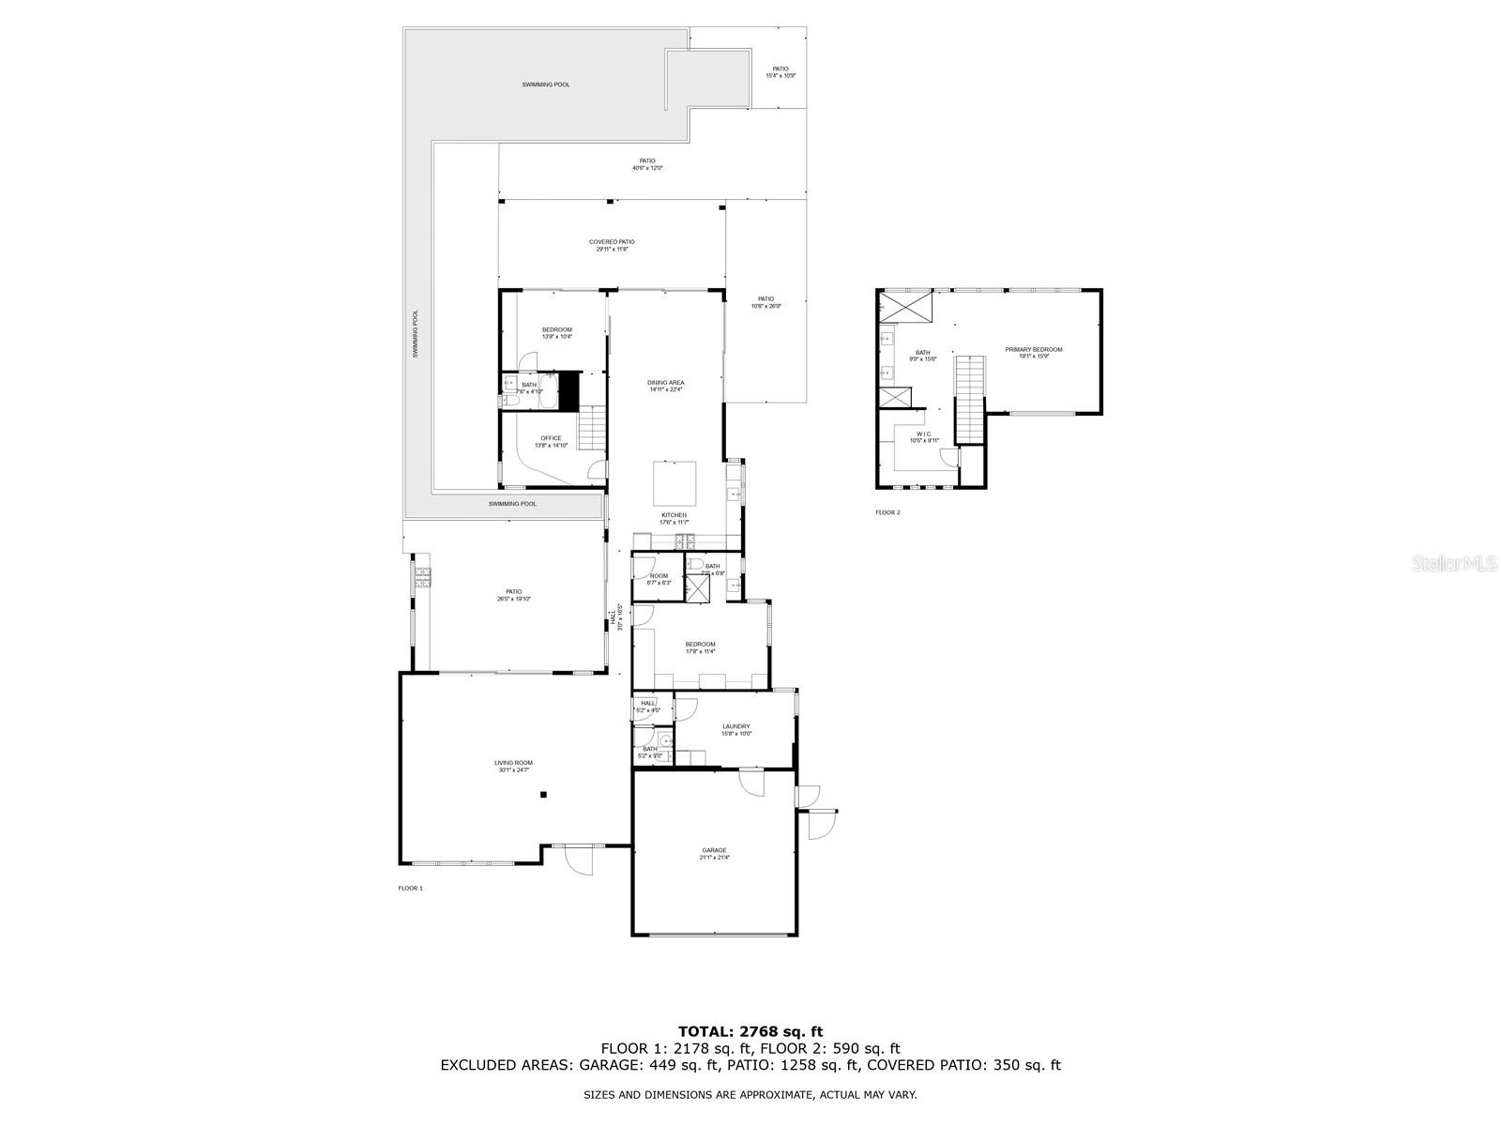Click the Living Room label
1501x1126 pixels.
(x=513, y=767)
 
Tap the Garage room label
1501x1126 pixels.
(x=714, y=854)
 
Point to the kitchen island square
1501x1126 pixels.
(x=675, y=483)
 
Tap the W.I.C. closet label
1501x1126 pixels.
(x=923, y=436)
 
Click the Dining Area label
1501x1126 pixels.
(x=666, y=386)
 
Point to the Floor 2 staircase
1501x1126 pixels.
(x=969, y=399)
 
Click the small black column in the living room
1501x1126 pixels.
(x=543, y=795)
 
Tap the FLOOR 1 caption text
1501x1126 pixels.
(x=411, y=888)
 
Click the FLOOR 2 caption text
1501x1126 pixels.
(x=887, y=512)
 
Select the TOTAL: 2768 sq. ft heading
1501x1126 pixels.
(x=750, y=1032)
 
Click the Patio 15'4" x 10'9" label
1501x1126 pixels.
(x=781, y=72)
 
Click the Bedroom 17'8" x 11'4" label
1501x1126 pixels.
(x=700, y=647)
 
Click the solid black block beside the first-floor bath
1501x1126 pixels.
(x=569, y=389)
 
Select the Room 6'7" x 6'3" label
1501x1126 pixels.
(x=659, y=579)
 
